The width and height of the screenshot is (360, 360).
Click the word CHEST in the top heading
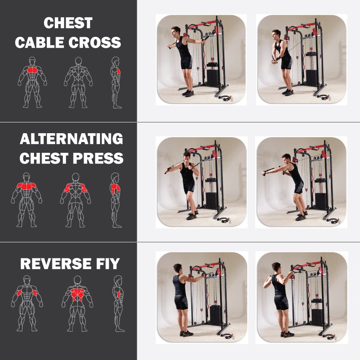(68, 23)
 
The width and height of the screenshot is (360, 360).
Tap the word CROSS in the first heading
(94, 42)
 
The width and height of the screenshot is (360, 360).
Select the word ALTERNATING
(72, 139)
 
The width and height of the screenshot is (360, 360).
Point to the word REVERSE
(56, 264)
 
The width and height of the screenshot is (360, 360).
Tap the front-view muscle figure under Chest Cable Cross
(32, 82)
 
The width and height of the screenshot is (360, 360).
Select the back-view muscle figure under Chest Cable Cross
(78, 82)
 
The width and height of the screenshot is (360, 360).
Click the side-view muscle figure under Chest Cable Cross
(116, 82)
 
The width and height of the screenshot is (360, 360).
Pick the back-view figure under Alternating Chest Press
(76, 200)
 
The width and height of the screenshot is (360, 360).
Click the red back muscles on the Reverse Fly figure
(77, 295)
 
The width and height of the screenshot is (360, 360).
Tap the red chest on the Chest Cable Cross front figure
(32, 70)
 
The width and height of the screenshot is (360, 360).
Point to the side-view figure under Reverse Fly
(119, 304)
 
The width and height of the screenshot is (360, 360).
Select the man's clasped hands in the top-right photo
(274, 61)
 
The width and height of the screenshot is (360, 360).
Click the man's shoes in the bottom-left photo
(186, 334)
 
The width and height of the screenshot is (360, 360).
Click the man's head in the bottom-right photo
(276, 267)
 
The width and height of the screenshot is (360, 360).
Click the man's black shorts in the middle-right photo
(299, 186)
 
